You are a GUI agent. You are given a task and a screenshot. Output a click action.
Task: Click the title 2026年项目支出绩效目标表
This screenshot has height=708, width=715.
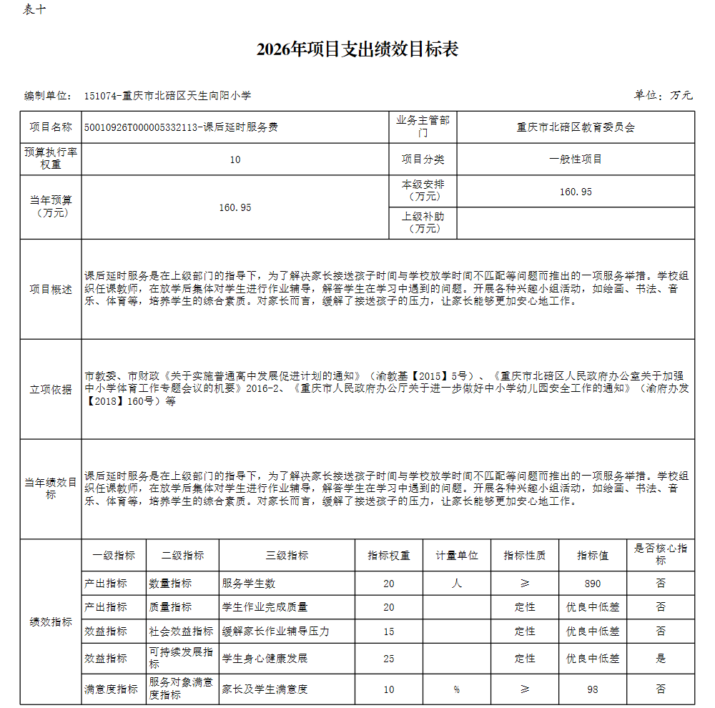(357, 49)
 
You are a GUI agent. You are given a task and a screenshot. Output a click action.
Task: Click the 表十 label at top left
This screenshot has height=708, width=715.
(35, 10)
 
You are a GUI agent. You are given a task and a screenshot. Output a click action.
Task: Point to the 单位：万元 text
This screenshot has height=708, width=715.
(663, 95)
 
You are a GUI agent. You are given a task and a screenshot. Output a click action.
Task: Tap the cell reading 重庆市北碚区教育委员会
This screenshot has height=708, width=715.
(576, 127)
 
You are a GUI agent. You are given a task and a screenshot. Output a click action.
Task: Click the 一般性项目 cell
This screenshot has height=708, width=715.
(576, 159)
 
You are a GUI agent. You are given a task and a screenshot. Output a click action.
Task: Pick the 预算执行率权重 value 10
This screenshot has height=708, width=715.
(235, 159)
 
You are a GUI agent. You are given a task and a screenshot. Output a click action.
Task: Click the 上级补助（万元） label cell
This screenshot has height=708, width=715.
(423, 222)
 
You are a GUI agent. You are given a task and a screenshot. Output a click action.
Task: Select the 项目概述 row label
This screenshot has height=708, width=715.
(51, 289)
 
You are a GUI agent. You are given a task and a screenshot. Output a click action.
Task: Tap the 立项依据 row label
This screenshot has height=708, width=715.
(51, 389)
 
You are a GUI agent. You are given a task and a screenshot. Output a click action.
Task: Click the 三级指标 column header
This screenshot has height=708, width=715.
(287, 555)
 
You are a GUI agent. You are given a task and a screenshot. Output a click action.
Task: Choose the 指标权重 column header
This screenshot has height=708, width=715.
(389, 555)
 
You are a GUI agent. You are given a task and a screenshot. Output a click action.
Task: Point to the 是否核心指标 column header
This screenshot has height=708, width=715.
(660, 554)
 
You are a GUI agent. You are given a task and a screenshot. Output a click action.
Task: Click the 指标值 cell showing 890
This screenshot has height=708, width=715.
(593, 583)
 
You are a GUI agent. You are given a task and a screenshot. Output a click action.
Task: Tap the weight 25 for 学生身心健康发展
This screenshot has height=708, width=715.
(389, 658)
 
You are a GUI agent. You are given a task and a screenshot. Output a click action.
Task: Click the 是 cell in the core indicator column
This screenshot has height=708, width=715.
(660, 658)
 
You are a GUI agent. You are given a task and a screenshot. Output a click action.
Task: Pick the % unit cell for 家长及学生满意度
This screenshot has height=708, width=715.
(456, 689)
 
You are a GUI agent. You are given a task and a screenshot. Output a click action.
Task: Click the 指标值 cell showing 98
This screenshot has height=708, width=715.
(593, 689)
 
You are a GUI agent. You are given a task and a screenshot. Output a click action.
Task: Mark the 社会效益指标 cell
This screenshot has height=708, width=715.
(182, 631)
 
